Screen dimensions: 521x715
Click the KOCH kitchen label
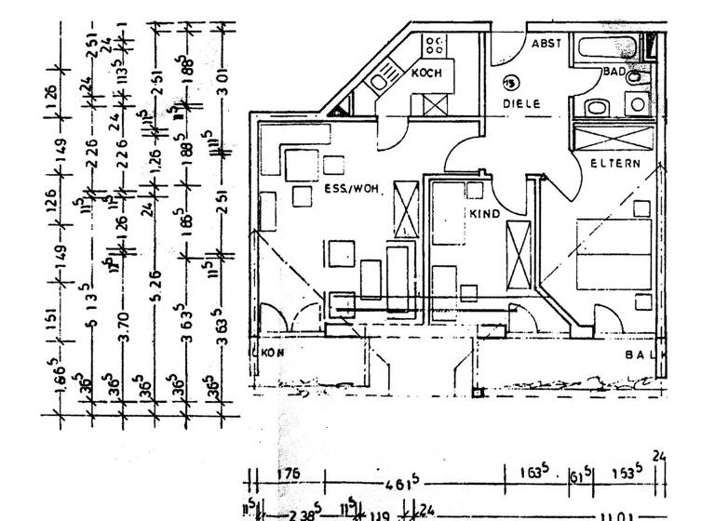pos(426,73)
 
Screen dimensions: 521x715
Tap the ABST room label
pos(546,44)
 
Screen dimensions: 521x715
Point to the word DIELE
pos(521,104)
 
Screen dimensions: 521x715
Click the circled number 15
pos(510,83)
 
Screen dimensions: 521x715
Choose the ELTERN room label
pos(615,164)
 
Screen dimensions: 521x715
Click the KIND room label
pos(486,214)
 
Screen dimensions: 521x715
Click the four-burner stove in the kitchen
pos(435,43)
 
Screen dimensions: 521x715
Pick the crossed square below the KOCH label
pos(435,102)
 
